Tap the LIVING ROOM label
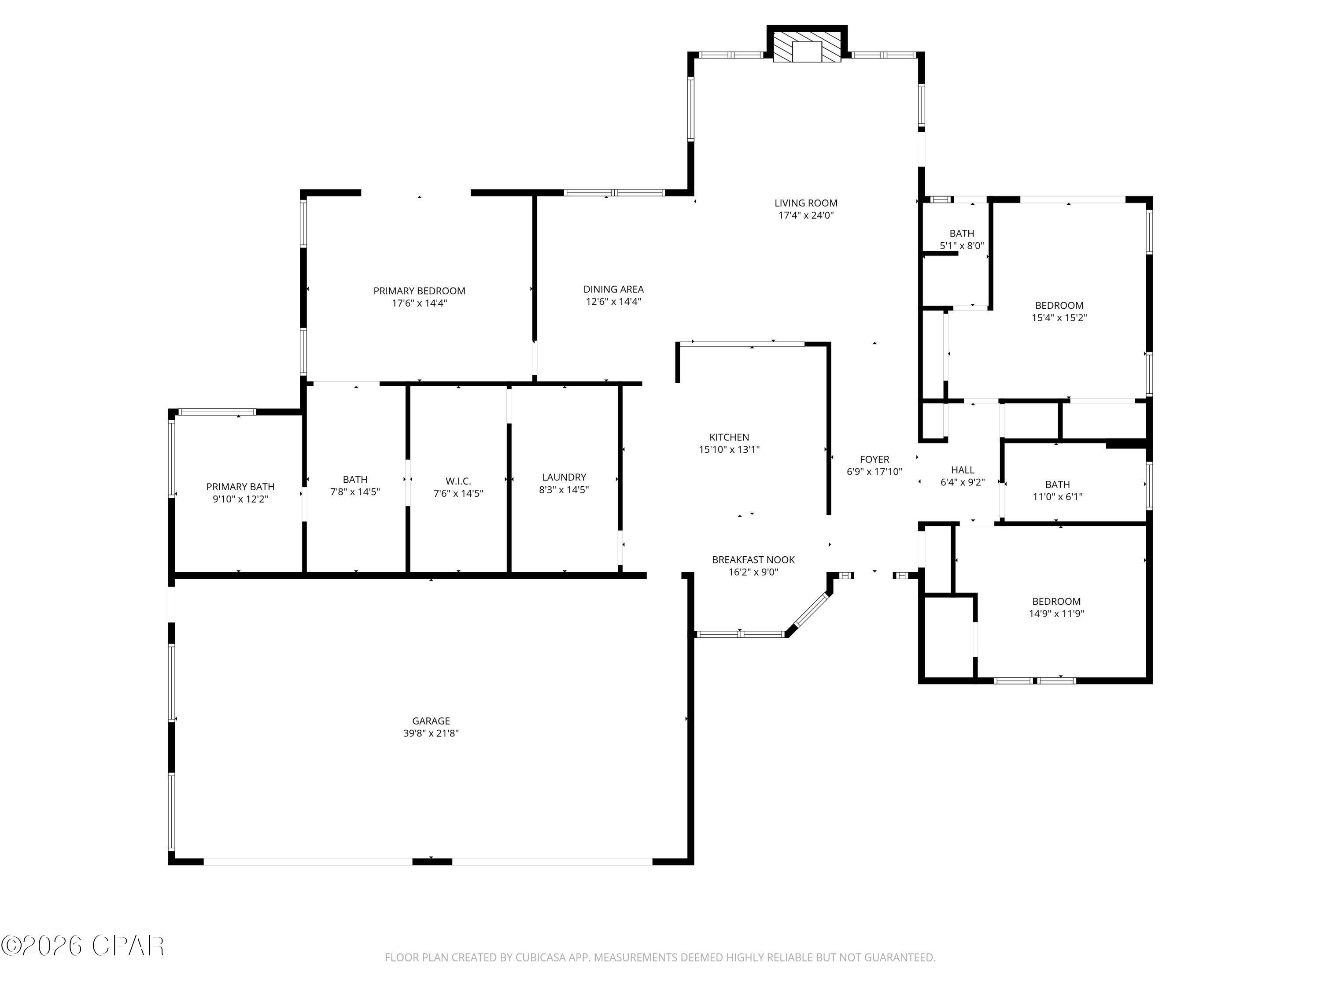click(x=806, y=203)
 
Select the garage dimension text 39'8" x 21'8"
click(x=431, y=733)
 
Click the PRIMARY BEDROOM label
click(x=419, y=291)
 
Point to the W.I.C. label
click(x=458, y=481)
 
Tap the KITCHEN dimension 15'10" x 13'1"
click(x=729, y=450)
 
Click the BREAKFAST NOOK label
click(x=753, y=560)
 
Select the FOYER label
click(x=875, y=459)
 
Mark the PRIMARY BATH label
click(x=240, y=487)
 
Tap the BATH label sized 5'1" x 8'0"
click(x=962, y=233)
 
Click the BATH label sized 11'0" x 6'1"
click(x=1057, y=484)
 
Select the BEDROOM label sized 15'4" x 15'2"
click(x=1059, y=305)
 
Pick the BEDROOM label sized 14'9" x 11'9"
click(x=1056, y=602)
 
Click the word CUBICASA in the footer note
click(x=541, y=958)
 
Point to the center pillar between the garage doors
click(x=432, y=862)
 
